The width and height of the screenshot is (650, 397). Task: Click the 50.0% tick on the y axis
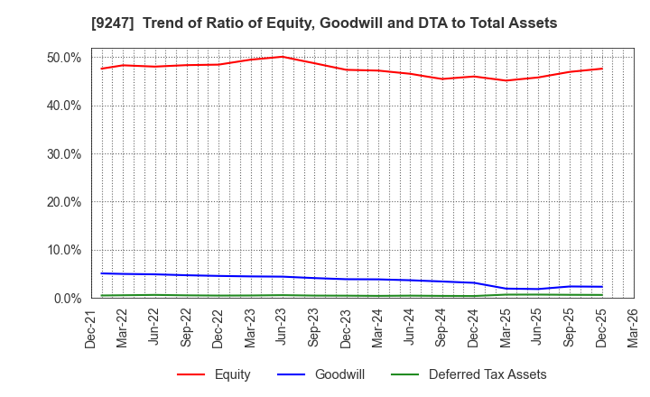click(62, 58)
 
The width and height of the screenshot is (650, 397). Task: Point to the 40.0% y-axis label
click(62, 106)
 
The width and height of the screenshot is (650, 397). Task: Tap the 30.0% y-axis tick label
click(62, 153)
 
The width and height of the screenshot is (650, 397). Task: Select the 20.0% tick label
click(62, 202)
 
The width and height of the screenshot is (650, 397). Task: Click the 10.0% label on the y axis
click(62, 250)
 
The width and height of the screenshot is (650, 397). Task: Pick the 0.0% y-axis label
click(66, 298)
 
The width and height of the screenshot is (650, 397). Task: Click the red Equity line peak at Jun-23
click(283, 57)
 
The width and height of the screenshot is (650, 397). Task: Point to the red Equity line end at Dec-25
click(602, 69)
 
